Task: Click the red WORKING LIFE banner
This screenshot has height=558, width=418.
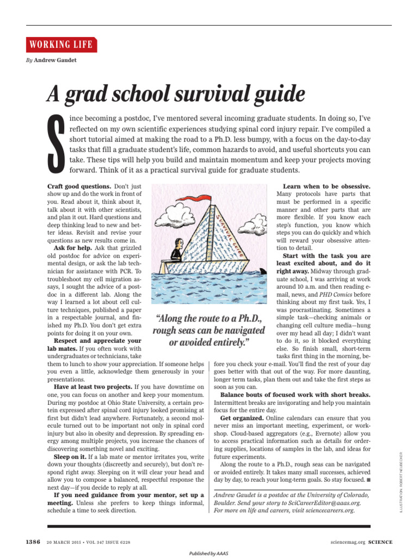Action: click(62, 45)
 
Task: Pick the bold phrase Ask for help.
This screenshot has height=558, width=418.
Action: click(73, 248)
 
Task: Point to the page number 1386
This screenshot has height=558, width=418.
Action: click(33, 542)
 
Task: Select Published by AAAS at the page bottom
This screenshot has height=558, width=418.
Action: click(208, 553)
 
